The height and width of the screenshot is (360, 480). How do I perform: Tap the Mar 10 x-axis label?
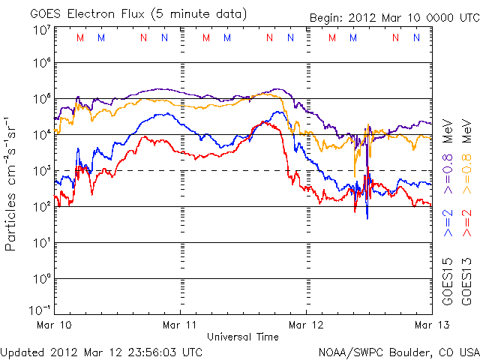(x=56, y=324)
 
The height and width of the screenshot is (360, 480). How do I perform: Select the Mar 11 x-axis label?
(x=181, y=324)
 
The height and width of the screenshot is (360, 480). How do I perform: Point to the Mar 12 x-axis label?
(x=306, y=324)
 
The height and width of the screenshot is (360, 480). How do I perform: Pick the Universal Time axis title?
(x=243, y=337)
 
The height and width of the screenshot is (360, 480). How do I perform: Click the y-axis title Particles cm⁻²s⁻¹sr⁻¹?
(x=13, y=183)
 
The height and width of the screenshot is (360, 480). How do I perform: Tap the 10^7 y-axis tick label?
(x=41, y=30)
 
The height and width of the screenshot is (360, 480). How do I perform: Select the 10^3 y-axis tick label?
(x=41, y=171)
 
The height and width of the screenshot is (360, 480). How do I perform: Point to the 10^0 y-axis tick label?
(x=41, y=279)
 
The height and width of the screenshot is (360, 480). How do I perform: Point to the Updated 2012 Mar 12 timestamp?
(x=101, y=351)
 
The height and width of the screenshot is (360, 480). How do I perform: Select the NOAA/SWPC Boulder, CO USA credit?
(x=398, y=351)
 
